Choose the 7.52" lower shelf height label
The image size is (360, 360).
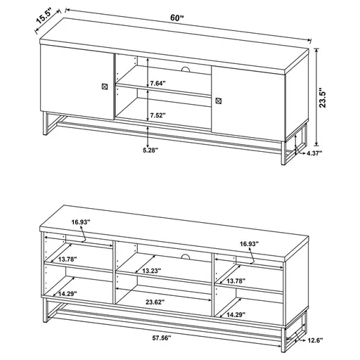point(157,115)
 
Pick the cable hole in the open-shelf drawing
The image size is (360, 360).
point(185,255)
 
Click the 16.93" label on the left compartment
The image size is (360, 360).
point(80,222)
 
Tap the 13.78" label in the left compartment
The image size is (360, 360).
point(67,259)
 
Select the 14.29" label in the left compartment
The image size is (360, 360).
point(69,294)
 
